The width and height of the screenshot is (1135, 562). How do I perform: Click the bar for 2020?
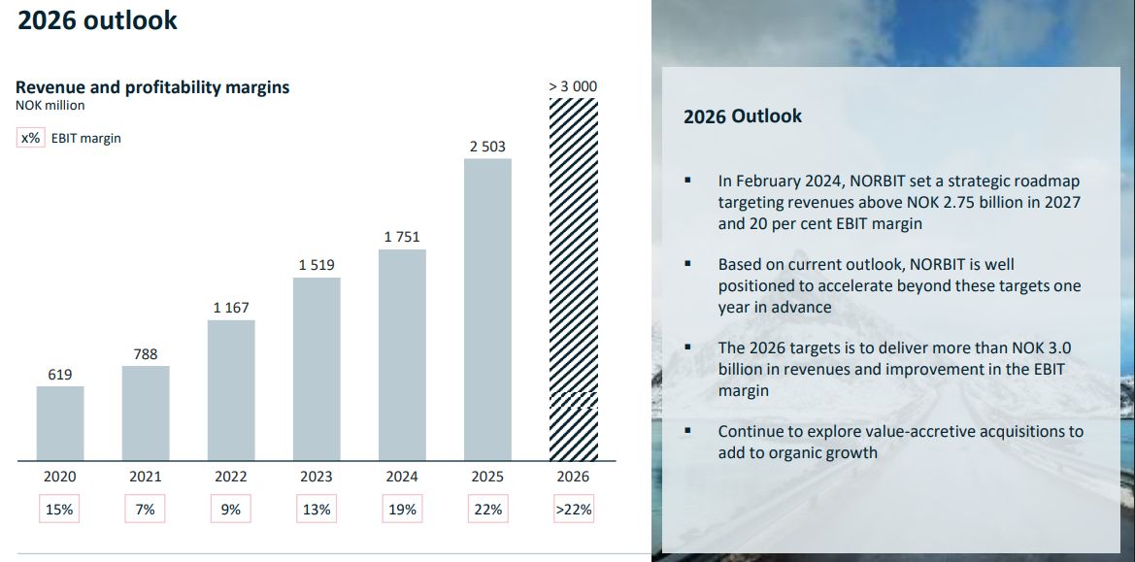point(60,423)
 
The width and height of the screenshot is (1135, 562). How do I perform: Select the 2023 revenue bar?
point(317,369)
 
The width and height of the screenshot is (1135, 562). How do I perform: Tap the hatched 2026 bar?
point(573,280)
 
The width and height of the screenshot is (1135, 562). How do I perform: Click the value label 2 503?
point(487,147)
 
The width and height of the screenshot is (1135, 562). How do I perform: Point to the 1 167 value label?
point(231,308)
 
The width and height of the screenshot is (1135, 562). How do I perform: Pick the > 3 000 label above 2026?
point(573,86)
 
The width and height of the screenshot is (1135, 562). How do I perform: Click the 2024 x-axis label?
point(402,477)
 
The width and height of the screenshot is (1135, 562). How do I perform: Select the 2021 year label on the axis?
point(146,477)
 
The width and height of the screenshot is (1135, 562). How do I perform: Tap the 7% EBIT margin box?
point(146,510)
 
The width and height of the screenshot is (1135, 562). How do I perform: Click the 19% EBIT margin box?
point(402,510)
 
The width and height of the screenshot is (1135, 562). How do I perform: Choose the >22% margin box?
point(573,510)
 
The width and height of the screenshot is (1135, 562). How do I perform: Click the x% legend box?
point(30,138)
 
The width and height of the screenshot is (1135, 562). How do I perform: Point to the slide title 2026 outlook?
point(97,19)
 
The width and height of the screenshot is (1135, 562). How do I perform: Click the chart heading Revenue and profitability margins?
point(152,86)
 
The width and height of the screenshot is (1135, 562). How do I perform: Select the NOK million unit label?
point(50,106)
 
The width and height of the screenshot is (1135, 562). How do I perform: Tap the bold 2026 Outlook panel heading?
point(743,116)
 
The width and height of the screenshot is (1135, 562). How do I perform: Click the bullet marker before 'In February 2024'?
point(687,181)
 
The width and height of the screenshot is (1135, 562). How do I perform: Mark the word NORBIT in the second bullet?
point(935,264)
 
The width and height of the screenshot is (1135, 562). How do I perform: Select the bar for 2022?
point(231,390)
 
